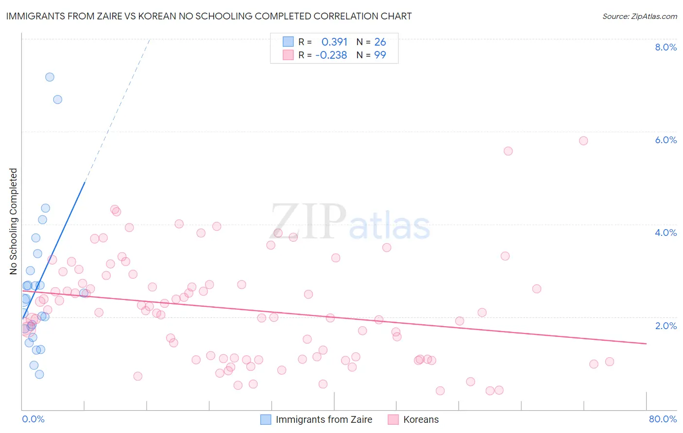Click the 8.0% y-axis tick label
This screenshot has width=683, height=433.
666,47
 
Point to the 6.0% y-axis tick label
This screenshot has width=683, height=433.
666,140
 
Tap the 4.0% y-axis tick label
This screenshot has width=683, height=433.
666,233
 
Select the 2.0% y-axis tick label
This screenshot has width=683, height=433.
666,326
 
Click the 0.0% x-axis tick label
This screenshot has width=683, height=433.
33,419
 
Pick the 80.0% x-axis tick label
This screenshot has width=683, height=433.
663,419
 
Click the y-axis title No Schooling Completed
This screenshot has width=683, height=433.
14,221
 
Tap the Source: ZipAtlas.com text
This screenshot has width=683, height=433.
640,16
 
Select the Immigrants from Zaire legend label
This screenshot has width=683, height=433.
324,419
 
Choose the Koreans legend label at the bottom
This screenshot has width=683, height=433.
421,419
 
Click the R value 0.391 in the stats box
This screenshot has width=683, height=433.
334,42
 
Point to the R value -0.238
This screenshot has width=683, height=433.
331,55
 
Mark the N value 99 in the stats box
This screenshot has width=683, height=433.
380,55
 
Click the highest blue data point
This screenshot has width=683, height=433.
50,77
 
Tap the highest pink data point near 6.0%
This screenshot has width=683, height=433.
583,141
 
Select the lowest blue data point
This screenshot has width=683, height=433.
39,374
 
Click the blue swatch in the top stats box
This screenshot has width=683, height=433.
289,42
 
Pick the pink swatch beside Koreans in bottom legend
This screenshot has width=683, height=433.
393,419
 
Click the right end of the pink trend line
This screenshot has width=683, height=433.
646,343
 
